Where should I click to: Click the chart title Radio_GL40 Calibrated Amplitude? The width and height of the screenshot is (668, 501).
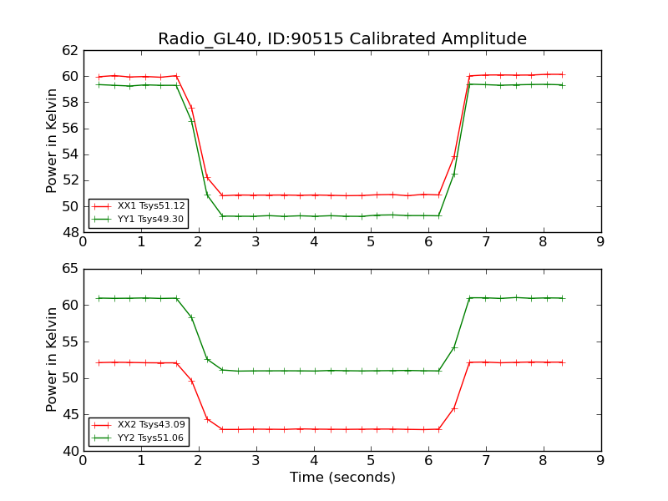342,39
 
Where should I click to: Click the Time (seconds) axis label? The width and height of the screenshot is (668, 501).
342,478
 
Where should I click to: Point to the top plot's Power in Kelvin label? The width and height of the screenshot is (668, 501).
53,141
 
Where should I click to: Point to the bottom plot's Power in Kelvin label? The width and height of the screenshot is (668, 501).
53,360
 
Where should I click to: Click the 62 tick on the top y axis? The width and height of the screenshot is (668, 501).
70,50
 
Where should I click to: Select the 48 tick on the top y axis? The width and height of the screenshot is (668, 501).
70,232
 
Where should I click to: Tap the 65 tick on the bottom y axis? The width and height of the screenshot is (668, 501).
70,269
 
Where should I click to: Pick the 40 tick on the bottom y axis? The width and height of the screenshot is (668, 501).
70,451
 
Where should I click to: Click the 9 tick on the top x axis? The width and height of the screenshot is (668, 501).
600,243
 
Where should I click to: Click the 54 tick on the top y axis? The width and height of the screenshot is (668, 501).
70,154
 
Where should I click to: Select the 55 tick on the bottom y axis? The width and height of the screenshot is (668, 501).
70,342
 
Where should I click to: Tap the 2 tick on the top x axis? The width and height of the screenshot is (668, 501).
199,243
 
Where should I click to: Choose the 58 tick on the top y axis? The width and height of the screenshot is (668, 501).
70,102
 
